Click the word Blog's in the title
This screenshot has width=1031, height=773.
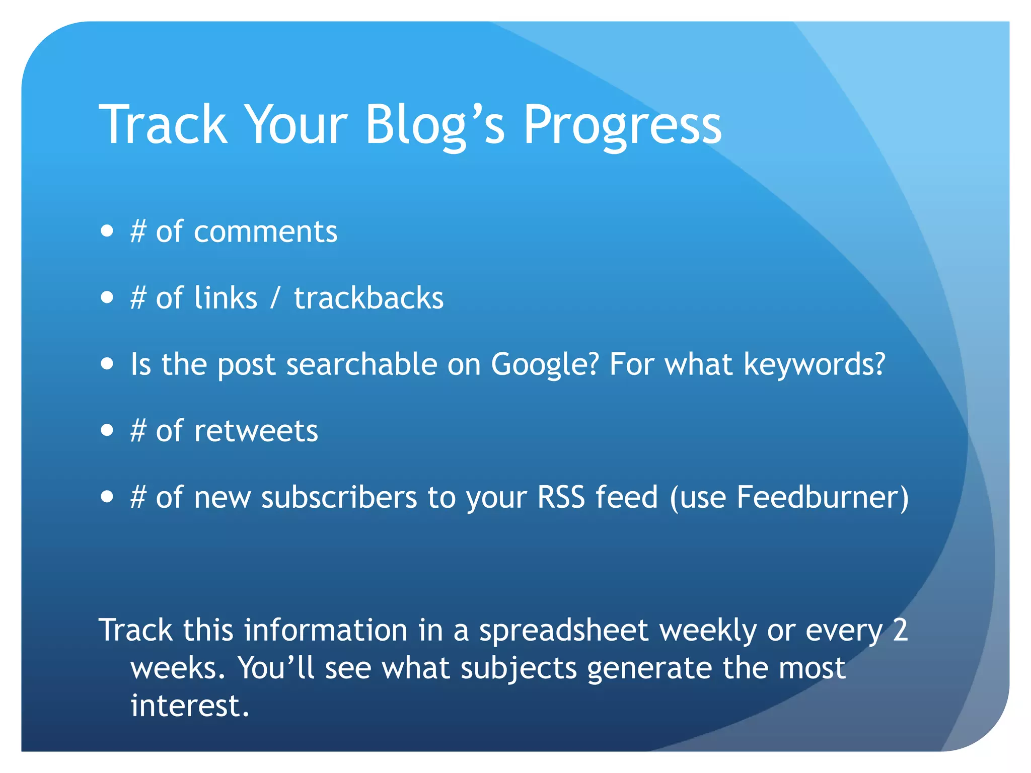pos(434,125)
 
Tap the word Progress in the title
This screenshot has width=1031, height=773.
pos(622,125)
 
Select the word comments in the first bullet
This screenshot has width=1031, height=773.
pos(265,232)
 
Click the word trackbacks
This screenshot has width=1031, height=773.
pos(369,298)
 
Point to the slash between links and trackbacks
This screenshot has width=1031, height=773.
pos(275,298)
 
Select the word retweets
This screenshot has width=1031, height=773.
pos(256,431)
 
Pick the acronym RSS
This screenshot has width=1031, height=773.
pos(561,497)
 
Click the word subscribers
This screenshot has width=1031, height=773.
pos(339,497)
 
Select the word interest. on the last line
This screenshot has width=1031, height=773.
pos(190,706)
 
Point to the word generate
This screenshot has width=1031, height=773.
pos(649,669)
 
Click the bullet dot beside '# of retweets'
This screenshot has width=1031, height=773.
pos(107,431)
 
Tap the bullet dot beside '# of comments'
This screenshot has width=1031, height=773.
pos(107,231)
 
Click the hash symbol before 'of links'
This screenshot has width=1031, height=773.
pos(138,298)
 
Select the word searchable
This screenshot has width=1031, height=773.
pos(361,364)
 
